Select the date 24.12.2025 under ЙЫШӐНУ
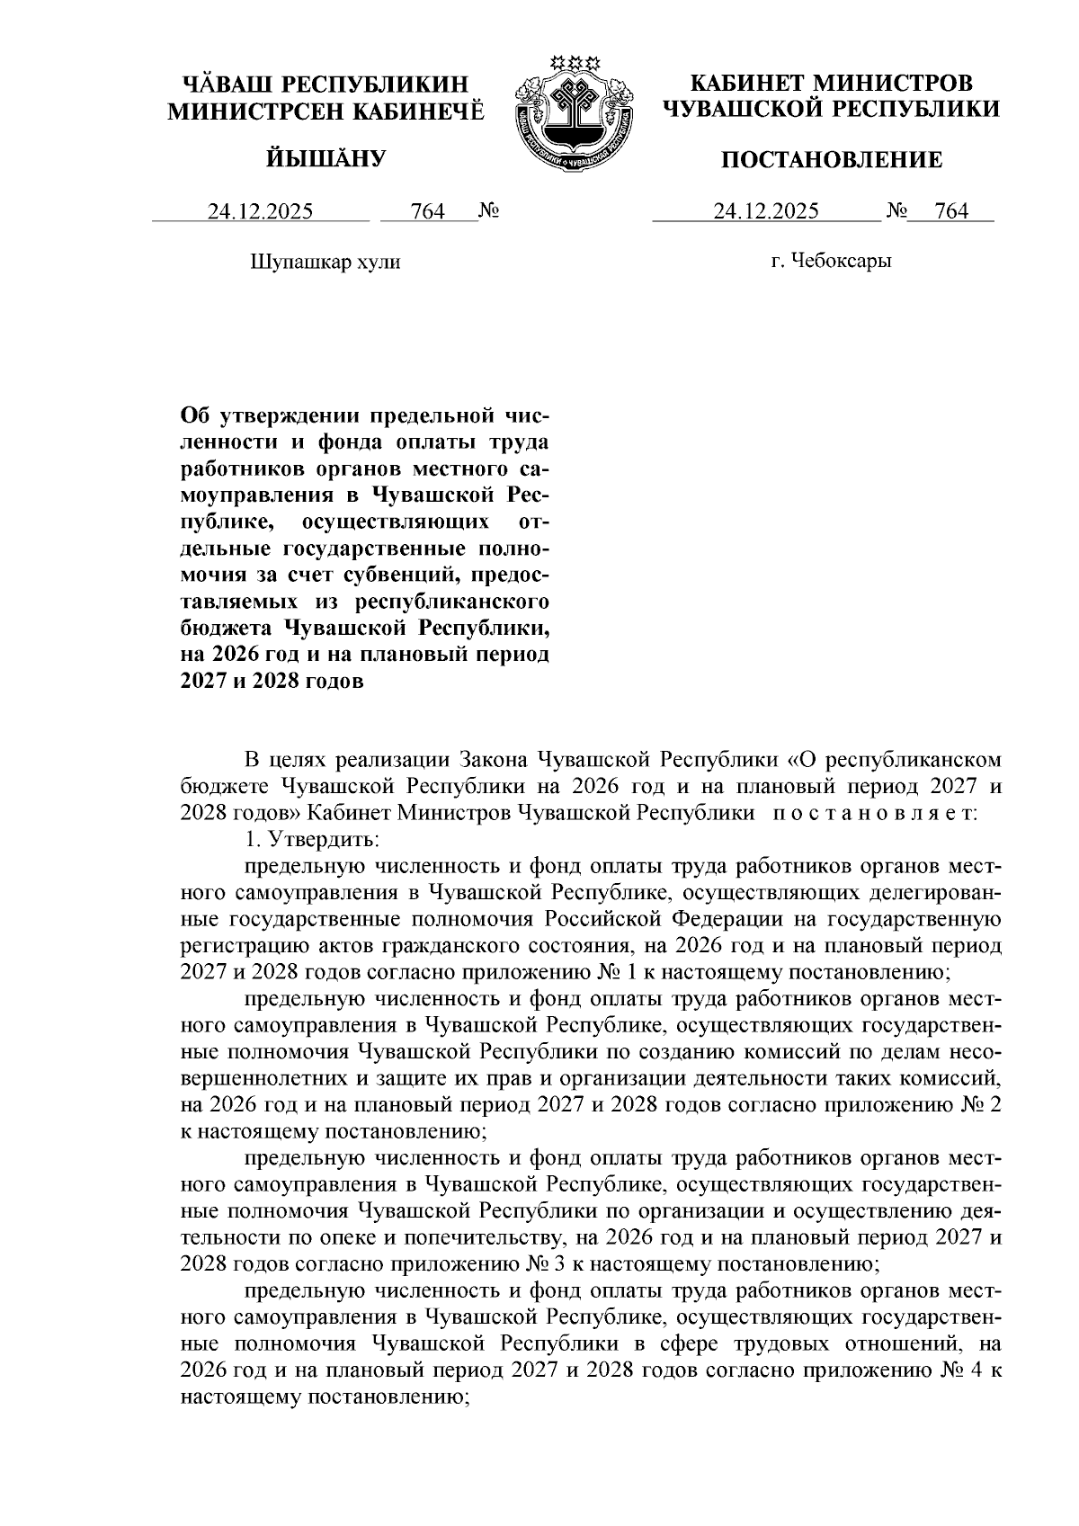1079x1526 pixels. pyautogui.click(x=261, y=212)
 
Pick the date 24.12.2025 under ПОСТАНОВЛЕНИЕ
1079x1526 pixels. pyautogui.click(x=766, y=212)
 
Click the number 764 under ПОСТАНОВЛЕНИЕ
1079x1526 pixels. pyautogui.click(x=951, y=212)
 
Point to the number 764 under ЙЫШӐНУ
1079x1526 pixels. pyautogui.click(x=427, y=212)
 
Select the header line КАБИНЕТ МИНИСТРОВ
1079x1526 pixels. pyautogui.click(x=831, y=84)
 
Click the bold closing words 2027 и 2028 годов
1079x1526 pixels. pyautogui.click(x=273, y=681)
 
